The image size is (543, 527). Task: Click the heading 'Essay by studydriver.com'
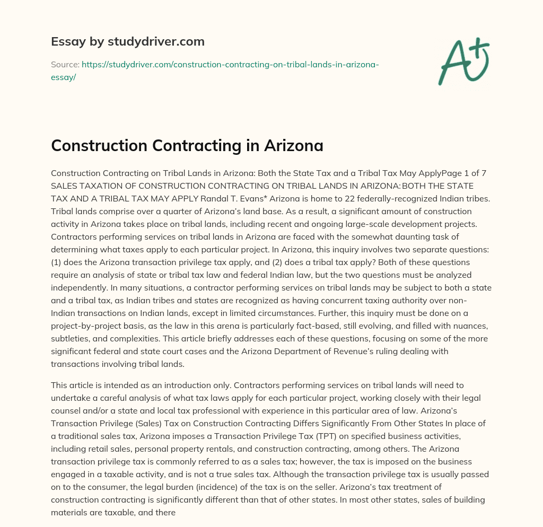[127, 41]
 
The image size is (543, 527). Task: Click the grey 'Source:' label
[65, 64]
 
